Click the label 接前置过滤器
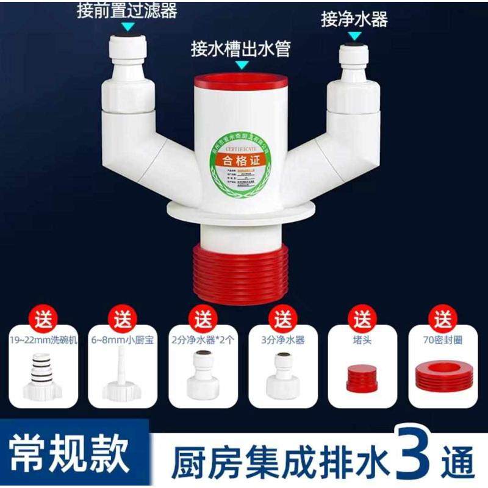coord(126,10)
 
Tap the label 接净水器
coord(354,19)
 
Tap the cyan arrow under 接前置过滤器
coord(127,27)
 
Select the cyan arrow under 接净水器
coord(354,36)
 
